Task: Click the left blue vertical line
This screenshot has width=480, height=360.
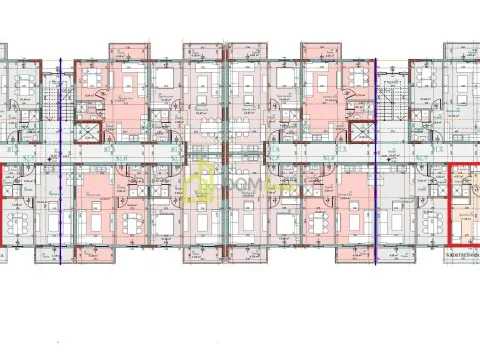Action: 60,160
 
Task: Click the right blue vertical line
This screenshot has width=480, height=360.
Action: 375,160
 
